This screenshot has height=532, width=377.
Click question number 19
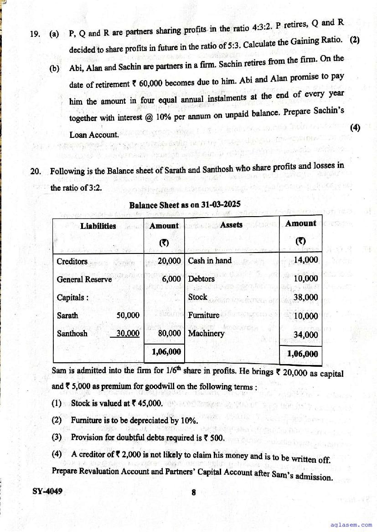coord(35,34)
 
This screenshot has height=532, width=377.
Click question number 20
coord(36,172)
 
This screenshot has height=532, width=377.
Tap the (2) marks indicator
coord(355,39)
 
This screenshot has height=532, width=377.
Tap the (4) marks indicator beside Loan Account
coord(355,127)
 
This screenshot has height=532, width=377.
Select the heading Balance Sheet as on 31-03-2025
coord(185,205)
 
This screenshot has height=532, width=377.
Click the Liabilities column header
coord(98,226)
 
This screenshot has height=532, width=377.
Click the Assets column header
coord(231,225)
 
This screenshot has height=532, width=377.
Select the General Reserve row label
coord(84,279)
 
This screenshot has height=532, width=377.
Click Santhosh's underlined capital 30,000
coord(128,334)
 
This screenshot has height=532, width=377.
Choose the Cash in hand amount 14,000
coord(306,260)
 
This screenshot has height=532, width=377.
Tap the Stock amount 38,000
coord(306,298)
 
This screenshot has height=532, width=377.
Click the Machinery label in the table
coord(206,334)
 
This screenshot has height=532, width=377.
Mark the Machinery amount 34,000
coord(306,335)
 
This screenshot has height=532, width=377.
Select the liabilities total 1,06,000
coord(166,351)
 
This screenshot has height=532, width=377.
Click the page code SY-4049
coord(47,491)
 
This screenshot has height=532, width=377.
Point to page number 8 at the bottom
coord(194,492)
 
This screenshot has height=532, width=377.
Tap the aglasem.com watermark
coord(353,525)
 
